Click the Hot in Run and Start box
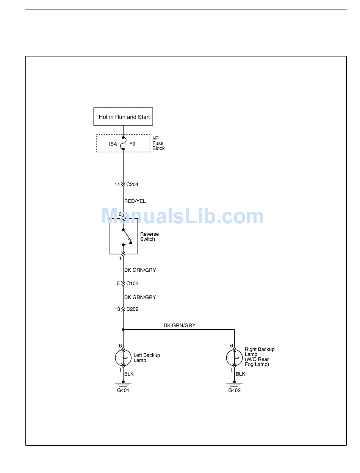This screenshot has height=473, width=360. point(123,117)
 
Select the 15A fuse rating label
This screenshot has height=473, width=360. point(113,144)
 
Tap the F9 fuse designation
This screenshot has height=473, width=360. point(132,144)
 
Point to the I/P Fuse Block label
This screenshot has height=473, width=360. point(158,143)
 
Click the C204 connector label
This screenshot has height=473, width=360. point(132,185)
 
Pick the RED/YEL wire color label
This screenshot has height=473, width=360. point(135,201)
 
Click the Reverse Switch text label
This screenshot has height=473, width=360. point(149,236)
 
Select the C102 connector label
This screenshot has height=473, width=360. point(132,283)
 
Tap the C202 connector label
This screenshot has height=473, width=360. point(132,309)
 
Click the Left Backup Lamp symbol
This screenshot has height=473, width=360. point(123,358)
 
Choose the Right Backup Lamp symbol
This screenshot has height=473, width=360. point(234,358)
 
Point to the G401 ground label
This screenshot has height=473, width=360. point(123,390)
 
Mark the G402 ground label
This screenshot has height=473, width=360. point(234,390)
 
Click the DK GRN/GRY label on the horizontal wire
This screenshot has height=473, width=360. point(180,326)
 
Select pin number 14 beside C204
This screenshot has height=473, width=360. point(117,185)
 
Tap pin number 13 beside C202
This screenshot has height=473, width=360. point(117,309)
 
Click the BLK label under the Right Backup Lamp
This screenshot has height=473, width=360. point(240,374)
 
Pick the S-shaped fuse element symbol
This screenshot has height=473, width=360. point(123,144)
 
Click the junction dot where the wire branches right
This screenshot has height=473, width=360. point(123,330)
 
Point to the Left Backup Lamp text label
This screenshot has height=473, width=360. point(147,358)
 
